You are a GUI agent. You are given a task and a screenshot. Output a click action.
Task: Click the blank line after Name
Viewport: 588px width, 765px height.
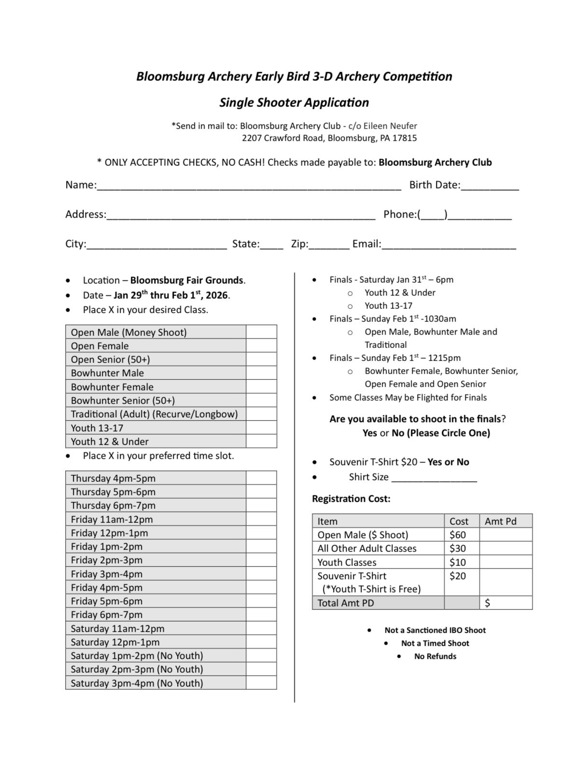[249, 186]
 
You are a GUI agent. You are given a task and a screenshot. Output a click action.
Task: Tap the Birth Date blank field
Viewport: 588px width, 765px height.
[490, 186]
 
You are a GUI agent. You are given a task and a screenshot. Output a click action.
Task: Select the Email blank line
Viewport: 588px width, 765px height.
[448, 245]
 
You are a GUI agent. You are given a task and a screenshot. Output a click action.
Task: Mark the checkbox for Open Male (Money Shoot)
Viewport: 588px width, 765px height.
[261, 332]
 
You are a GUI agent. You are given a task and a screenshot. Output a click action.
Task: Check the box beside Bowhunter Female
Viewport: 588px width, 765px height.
[261, 387]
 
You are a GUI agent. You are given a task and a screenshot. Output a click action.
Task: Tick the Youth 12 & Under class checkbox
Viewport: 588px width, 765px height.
[261, 441]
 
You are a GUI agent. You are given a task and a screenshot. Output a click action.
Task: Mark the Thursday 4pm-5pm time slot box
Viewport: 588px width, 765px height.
[261, 478]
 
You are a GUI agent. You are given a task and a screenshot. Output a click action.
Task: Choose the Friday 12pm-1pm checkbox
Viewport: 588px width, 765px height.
[261, 533]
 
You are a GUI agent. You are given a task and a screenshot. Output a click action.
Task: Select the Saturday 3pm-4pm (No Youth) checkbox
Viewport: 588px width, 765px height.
[261, 683]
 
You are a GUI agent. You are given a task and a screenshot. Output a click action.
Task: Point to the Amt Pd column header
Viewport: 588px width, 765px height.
[501, 521]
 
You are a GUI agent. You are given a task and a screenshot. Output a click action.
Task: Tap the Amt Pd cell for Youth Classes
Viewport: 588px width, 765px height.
[505, 562]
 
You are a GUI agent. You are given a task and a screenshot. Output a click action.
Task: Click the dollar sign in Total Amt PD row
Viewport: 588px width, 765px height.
[488, 603]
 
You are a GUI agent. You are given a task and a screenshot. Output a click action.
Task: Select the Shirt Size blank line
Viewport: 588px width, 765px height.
[434, 477]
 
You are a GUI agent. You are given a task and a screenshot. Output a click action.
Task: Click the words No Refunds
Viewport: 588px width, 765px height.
[435, 656]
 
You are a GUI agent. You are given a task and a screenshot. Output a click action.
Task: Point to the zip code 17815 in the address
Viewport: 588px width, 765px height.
[405, 138]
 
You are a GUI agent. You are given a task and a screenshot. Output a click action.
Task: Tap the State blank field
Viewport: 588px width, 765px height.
[271, 245]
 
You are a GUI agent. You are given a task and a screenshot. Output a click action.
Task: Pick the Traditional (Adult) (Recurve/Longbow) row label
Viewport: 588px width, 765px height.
[154, 414]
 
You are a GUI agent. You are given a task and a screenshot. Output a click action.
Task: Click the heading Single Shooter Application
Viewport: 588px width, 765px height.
[294, 102]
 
